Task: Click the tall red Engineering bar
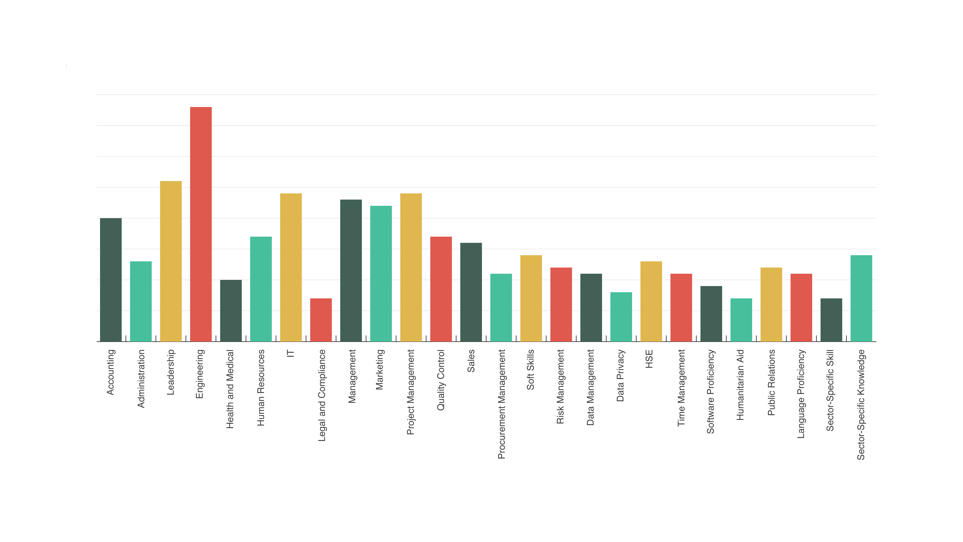coord(201,224)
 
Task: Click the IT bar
coord(291,267)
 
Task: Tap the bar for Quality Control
coord(441,289)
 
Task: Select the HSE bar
coord(651,302)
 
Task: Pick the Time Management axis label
coord(681,388)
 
